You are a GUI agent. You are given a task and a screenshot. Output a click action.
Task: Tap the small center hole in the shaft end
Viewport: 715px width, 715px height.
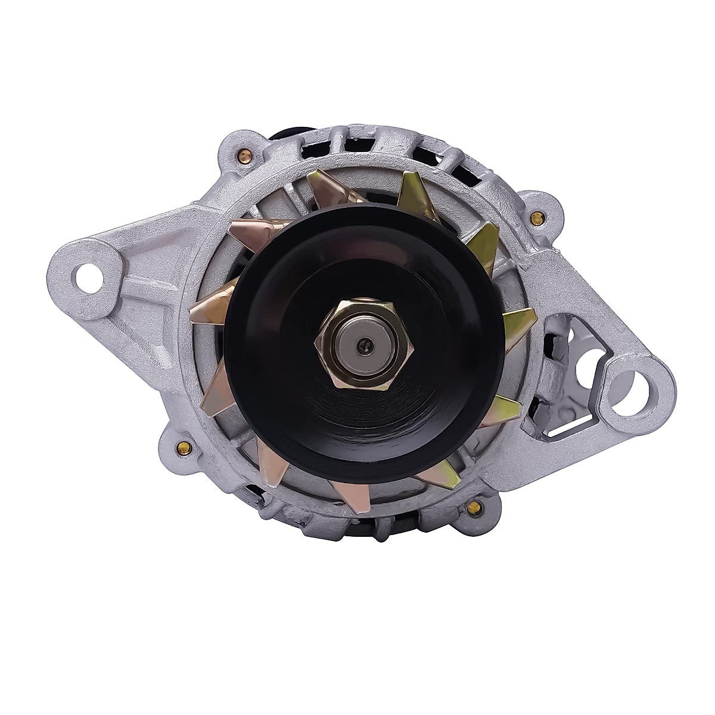(x=362, y=344)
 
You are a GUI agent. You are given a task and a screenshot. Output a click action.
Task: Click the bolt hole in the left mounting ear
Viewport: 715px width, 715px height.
(x=84, y=275)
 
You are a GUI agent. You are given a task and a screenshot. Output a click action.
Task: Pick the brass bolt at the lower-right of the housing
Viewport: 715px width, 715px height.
(x=474, y=507)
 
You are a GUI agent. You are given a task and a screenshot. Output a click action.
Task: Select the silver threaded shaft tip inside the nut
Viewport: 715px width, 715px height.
(x=356, y=346)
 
